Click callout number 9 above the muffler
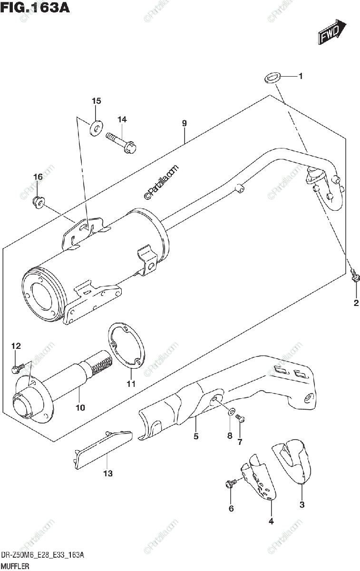click(x=184, y=124)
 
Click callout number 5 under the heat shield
click(x=196, y=436)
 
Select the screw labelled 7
click(x=240, y=418)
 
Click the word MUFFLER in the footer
click(x=16, y=566)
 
